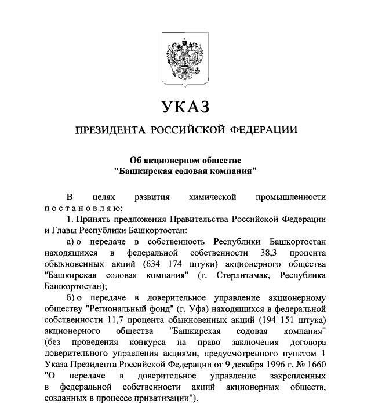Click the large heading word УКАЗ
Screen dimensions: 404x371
click(x=185, y=107)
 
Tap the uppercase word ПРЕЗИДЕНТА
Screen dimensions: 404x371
click(x=110, y=130)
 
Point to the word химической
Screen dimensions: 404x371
click(x=213, y=197)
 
